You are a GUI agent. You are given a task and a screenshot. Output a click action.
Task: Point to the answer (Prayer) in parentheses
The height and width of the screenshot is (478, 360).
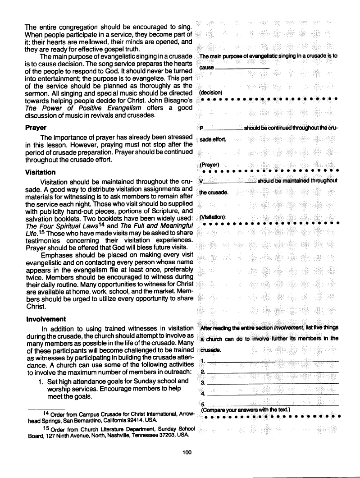coord(209,164)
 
